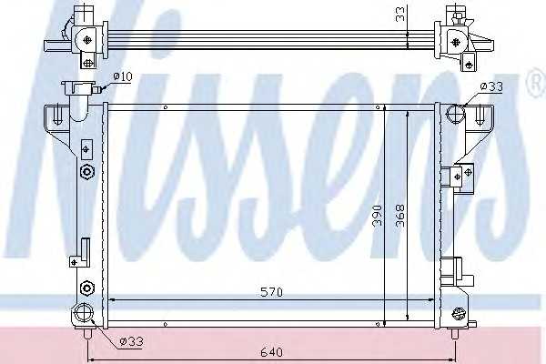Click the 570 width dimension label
point(271,292)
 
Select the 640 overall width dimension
point(271,352)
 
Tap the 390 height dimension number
point(377,216)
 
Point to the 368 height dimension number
point(400,216)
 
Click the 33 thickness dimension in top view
point(401,14)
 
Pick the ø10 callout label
point(123,76)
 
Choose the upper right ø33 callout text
point(491,86)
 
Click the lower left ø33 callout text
point(131,342)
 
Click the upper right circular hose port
point(456,114)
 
